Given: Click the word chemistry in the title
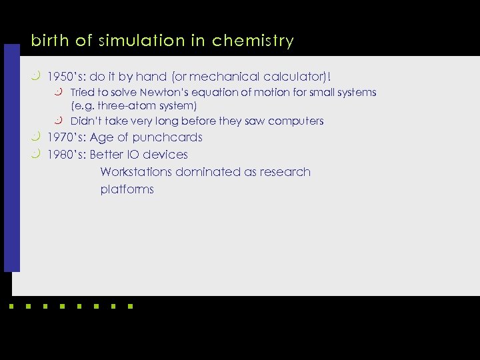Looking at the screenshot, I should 253,41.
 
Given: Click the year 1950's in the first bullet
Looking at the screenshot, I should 65,77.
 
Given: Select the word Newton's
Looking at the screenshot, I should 165,93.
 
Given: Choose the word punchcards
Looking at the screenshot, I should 167,138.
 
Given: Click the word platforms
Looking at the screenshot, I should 127,189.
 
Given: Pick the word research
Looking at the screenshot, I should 285,172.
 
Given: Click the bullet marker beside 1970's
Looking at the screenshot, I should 36,137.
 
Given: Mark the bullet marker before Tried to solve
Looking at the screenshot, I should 59,91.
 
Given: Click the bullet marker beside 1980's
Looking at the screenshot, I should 36,154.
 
